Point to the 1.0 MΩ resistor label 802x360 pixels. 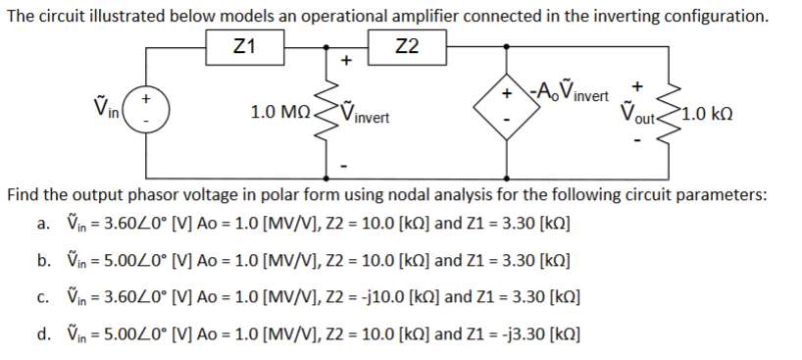tap(279, 113)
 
